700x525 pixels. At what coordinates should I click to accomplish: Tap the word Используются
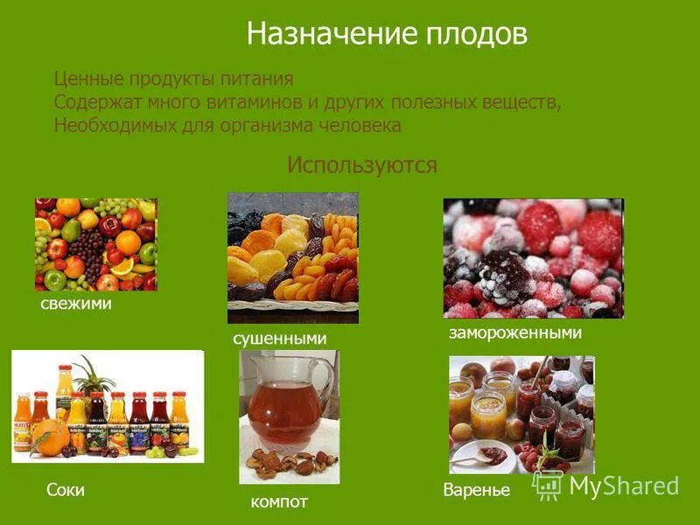[361, 164]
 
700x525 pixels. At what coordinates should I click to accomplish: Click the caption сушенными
[279, 338]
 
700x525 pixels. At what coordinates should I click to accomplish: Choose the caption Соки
[66, 490]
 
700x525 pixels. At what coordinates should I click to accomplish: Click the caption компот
[279, 501]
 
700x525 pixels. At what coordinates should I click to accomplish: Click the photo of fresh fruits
[95, 244]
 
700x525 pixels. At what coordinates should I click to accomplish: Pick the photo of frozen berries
[533, 258]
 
